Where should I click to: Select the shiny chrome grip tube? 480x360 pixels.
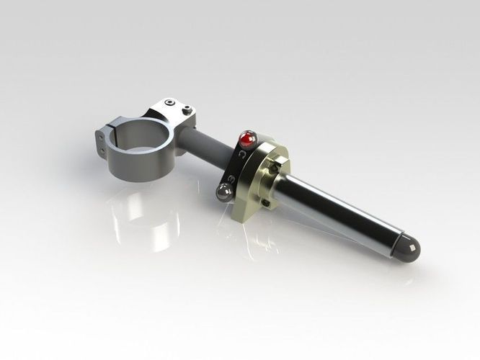point(339,209)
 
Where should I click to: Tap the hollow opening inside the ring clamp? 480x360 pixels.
point(141,137)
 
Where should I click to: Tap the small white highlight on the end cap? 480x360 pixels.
point(409,244)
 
